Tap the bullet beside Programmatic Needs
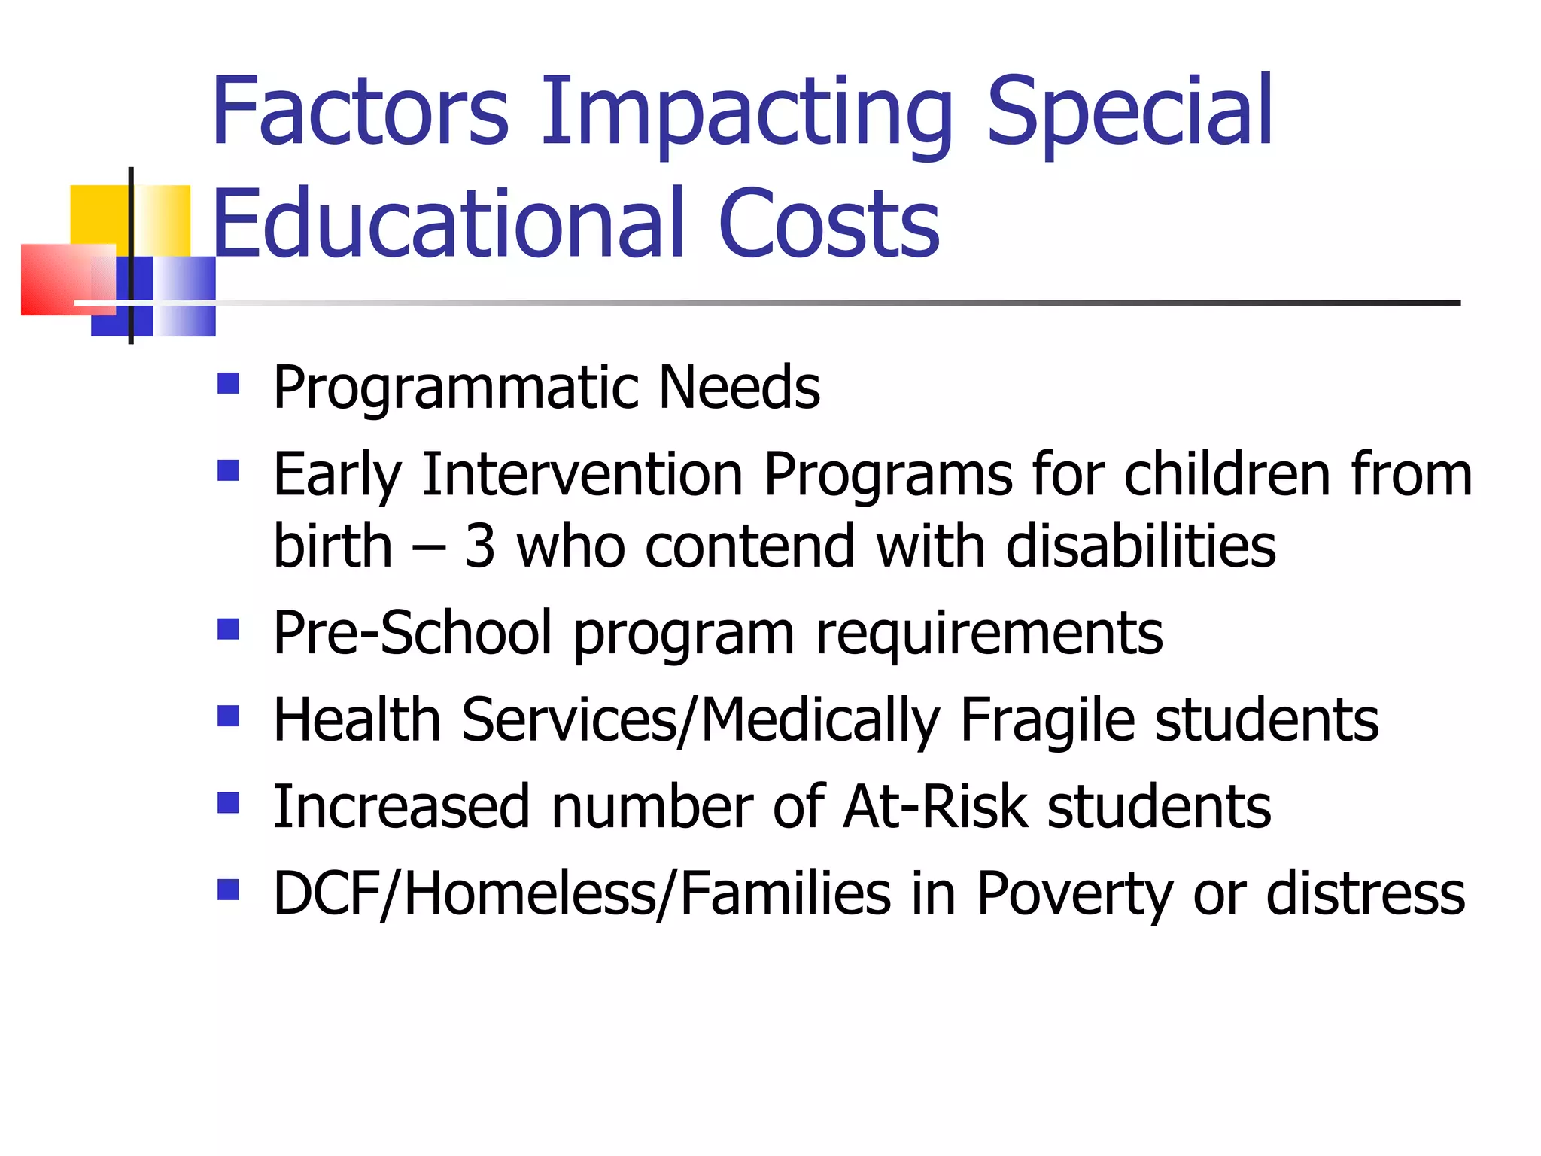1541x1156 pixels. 228,384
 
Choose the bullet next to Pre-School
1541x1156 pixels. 228,628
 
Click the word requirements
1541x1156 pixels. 989,634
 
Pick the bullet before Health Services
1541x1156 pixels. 228,715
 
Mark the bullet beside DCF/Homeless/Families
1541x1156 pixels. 228,890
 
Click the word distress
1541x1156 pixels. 1366,894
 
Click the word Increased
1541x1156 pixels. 402,807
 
